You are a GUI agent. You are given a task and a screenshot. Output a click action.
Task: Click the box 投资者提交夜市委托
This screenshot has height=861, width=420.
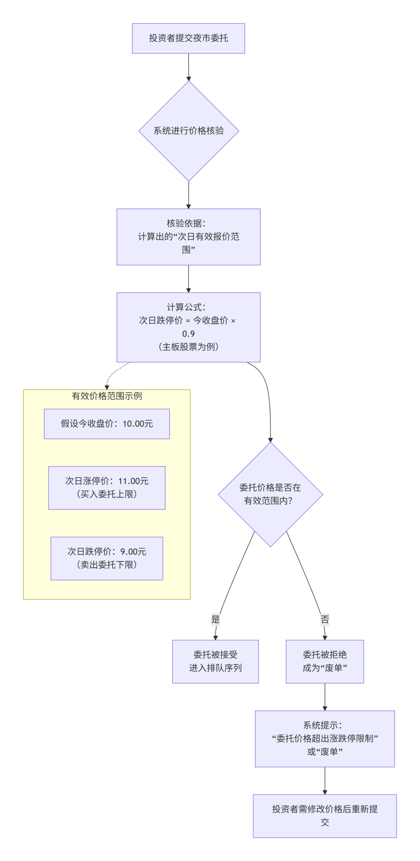pyautogui.click(x=188, y=38)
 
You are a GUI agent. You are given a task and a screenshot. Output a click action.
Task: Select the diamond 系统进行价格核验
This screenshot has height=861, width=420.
pyautogui.click(x=188, y=130)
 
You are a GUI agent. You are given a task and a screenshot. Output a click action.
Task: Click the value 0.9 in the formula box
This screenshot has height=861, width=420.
pyautogui.click(x=188, y=333)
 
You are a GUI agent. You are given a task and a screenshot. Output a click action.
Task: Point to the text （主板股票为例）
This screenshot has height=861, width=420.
pyautogui.click(x=188, y=346)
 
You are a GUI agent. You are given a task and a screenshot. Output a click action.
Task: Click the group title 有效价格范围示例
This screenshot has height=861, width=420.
pyautogui.click(x=107, y=396)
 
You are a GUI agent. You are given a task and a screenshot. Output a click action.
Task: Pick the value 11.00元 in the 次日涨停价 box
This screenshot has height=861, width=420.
pyautogui.click(x=133, y=481)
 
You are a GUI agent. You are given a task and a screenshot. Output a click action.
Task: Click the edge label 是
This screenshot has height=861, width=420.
pyautogui.click(x=215, y=619)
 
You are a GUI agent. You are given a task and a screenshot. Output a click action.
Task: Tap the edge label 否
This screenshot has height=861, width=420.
pyautogui.click(x=324, y=619)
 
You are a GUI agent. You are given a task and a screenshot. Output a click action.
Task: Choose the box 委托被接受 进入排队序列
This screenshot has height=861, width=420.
pyautogui.click(x=215, y=661)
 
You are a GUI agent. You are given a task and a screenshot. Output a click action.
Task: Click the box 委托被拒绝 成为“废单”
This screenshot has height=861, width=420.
pyautogui.click(x=324, y=661)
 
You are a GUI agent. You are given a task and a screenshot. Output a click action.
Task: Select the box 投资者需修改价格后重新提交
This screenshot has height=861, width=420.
pyautogui.click(x=324, y=815)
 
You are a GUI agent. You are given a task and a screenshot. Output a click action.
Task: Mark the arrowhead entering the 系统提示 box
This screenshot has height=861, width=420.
pyautogui.click(x=324, y=708)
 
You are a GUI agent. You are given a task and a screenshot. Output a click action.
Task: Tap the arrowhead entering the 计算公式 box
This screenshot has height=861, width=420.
pyautogui.click(x=188, y=290)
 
